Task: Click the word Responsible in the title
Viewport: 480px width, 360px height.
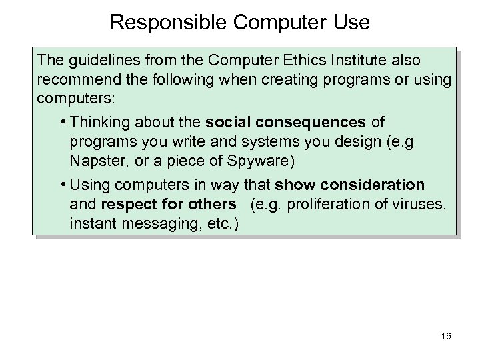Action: tap(160, 23)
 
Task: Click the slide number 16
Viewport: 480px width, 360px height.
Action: tap(445, 336)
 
